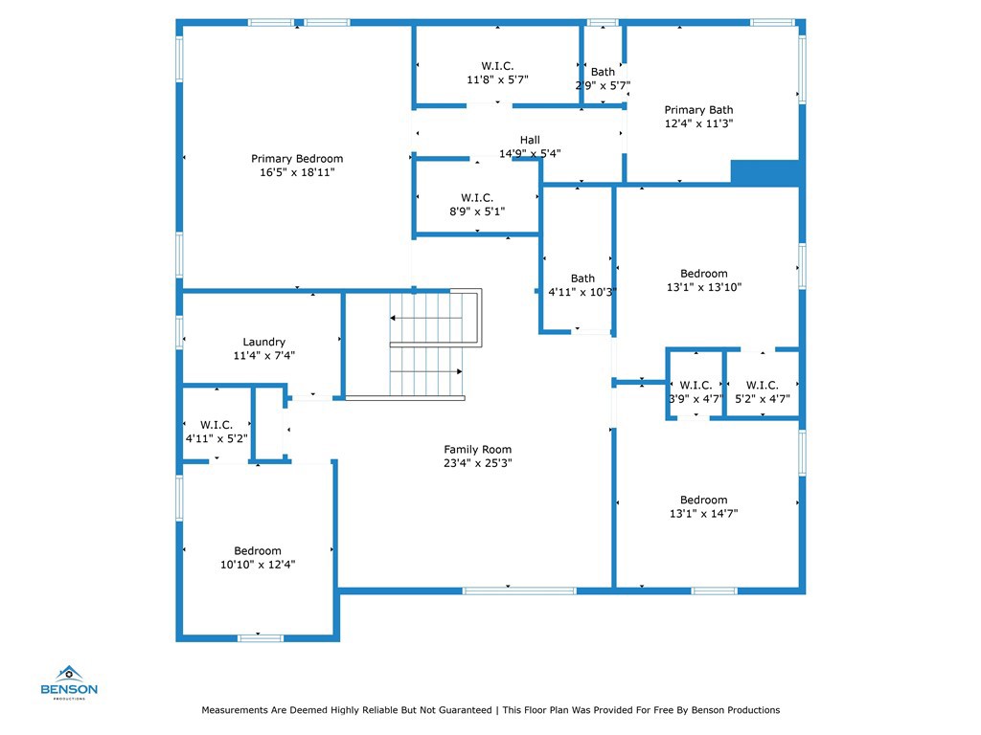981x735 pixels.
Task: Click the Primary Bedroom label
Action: click(x=297, y=159)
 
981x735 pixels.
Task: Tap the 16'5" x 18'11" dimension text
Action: click(x=297, y=172)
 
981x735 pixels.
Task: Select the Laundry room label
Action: click(x=264, y=342)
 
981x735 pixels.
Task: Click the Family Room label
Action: click(x=478, y=450)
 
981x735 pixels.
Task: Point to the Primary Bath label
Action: click(x=698, y=110)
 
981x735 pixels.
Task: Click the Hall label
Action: click(x=530, y=140)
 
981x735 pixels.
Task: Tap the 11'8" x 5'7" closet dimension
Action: click(x=497, y=80)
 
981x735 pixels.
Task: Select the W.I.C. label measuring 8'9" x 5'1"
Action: click(x=477, y=197)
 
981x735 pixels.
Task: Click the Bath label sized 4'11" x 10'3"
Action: click(x=582, y=278)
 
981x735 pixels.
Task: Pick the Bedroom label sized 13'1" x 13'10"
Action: click(x=704, y=274)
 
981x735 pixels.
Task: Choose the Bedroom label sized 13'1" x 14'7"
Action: click(x=704, y=500)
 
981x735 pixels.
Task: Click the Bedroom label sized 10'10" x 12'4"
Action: click(x=258, y=551)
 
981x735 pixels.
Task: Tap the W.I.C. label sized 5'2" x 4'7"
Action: click(x=762, y=385)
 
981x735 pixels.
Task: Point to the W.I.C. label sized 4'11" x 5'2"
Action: click(x=217, y=425)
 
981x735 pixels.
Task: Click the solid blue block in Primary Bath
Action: click(x=765, y=173)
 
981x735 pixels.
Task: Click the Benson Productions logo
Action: click(x=69, y=682)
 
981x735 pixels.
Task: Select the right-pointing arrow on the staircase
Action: click(x=426, y=372)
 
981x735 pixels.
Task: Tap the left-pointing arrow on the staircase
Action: click(x=426, y=318)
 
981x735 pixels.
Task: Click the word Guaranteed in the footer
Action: click(x=465, y=710)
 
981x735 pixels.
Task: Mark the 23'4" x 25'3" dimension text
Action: click(x=478, y=463)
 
